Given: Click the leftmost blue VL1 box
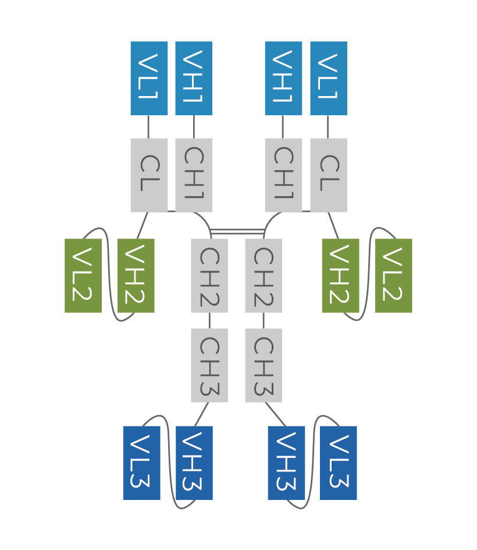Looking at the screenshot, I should pos(149,78).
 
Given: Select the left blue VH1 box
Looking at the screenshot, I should pos(194,78).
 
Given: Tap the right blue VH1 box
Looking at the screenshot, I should pos(283,78).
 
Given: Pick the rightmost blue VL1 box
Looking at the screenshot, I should pos(329,78).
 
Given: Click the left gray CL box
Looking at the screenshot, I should pos(149,175).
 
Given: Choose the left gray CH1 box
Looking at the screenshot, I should pos(194,175).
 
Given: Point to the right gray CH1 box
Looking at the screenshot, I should pos(283,175).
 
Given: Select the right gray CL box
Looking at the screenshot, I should pos(329,175).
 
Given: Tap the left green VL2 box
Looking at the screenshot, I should pos(83,275).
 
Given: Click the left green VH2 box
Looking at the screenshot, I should pos(136,275).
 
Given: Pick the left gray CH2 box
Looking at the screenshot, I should pos(209,275).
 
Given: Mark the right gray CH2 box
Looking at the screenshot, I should pos(264,275).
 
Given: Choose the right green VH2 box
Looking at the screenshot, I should pos(340,275).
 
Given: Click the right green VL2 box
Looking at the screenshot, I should pos(394,275).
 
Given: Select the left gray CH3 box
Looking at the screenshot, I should pos(209,365).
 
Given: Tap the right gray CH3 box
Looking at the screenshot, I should pos(264,365).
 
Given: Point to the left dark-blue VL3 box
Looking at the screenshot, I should pos(142,463).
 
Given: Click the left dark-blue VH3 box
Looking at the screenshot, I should pos(194,463).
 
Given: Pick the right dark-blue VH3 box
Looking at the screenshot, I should pos(286,463).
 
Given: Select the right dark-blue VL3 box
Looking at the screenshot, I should pos(339,463).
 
